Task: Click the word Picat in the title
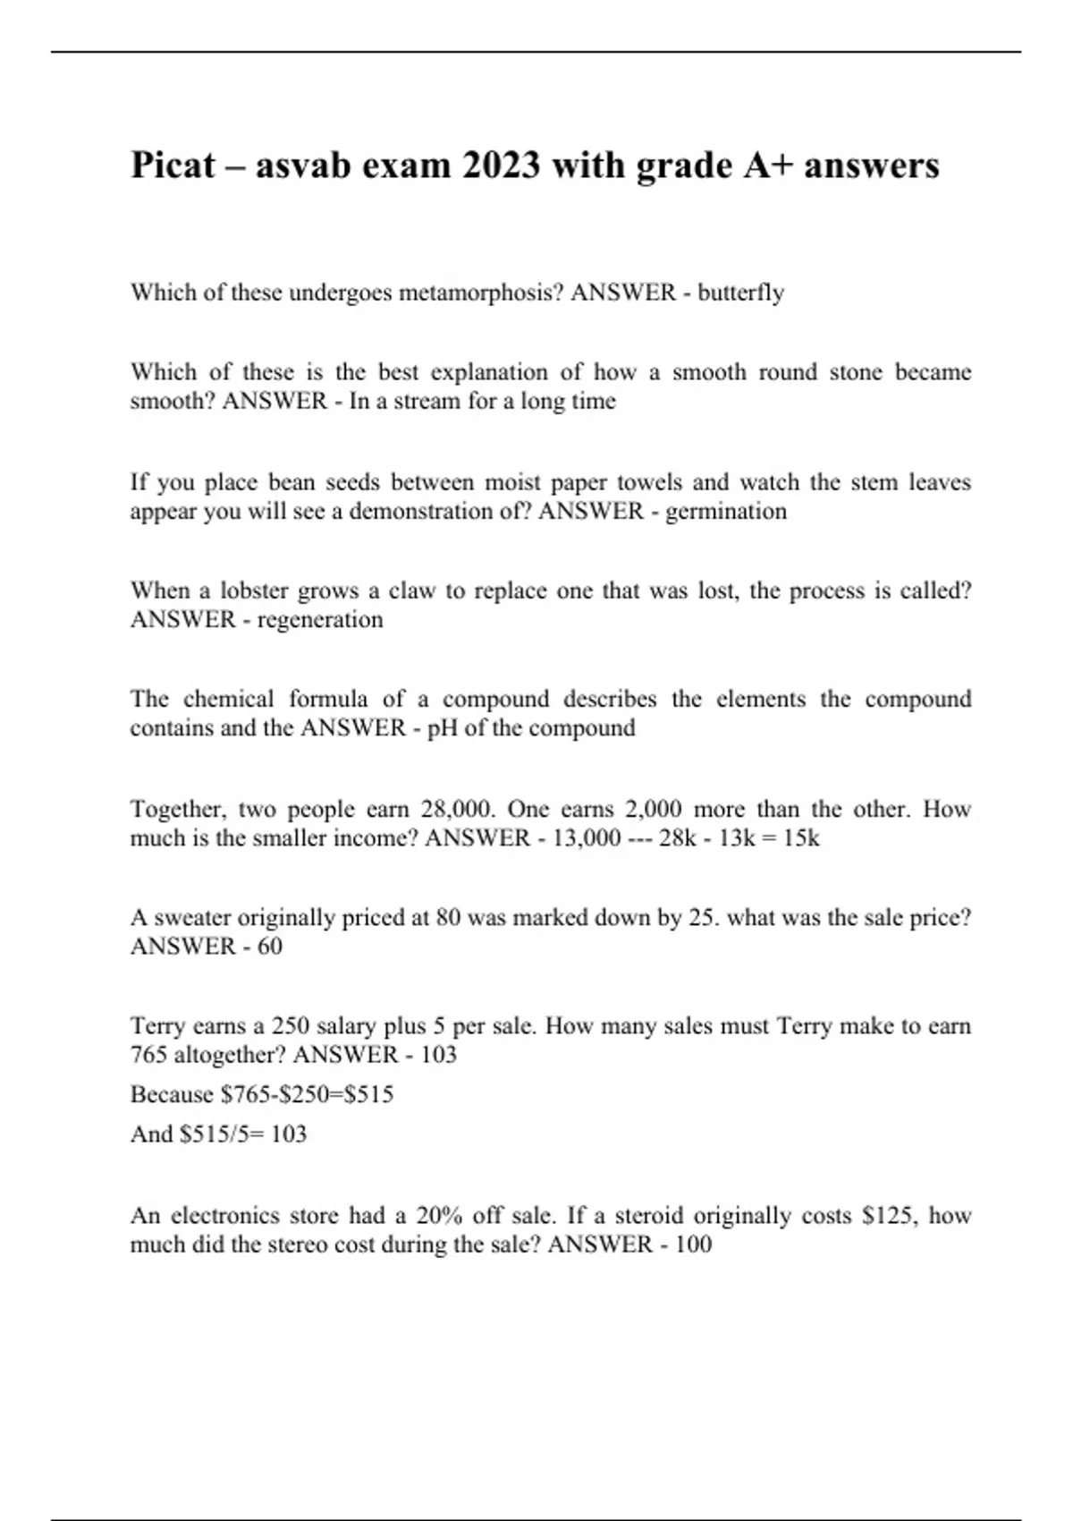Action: tap(173, 166)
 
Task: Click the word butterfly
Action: tap(740, 293)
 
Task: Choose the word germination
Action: tap(725, 512)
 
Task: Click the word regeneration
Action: tap(320, 620)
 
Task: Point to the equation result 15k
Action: tap(800, 838)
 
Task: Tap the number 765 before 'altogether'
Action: tap(149, 1055)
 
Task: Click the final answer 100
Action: tap(694, 1245)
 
